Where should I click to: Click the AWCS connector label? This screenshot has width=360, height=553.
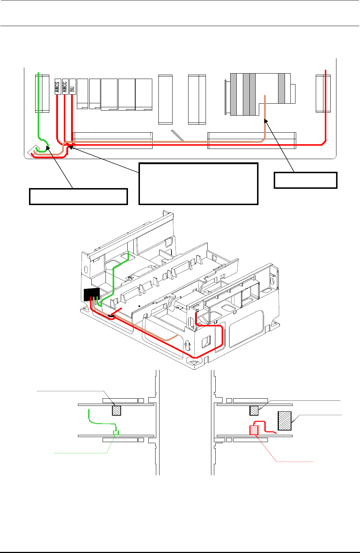point(57,86)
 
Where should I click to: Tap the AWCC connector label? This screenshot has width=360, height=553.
point(65,86)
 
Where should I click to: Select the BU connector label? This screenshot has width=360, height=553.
point(73,86)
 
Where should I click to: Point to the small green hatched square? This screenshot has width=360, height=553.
point(116,432)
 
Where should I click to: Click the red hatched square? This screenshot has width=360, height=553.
point(254,430)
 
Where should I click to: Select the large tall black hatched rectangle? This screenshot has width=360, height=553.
point(285,421)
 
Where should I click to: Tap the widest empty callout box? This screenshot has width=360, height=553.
point(198,184)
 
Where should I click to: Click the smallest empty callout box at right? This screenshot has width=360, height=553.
point(306,180)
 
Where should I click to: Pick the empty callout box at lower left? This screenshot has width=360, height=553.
point(78,196)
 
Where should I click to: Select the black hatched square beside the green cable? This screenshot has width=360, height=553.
point(116,410)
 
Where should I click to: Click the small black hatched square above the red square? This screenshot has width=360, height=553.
point(254,410)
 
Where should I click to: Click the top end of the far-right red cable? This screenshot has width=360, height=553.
point(325,70)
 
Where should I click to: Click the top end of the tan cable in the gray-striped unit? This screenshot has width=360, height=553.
point(265,96)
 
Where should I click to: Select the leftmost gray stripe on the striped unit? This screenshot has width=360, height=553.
point(233,94)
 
